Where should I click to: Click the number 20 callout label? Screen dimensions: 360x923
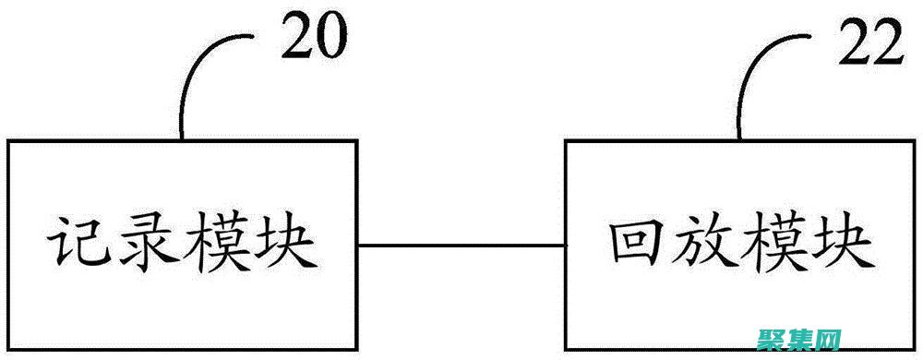(314, 37)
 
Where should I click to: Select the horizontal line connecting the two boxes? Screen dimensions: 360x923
(461, 246)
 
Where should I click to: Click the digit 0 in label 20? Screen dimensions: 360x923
(330, 37)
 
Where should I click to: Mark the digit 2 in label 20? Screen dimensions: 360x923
(297, 37)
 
